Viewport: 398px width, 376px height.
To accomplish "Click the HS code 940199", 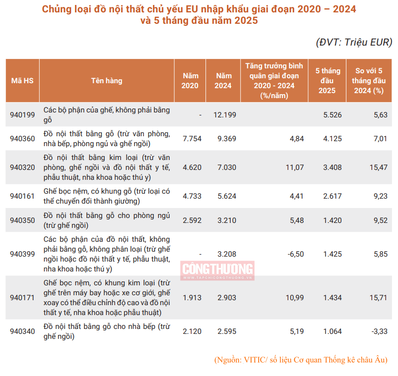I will click(23, 115).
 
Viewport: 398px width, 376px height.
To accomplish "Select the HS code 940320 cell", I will click(23, 167).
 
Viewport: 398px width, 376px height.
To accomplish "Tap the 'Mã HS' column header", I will click(22, 81).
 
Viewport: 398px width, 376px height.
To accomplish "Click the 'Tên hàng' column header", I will click(107, 81).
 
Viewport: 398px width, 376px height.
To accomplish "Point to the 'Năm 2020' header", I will click(190, 81).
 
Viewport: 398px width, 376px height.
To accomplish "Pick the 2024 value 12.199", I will click(224, 115).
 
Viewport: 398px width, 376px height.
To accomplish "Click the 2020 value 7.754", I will click(192, 139).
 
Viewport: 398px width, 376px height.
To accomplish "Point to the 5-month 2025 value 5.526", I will click(332, 115).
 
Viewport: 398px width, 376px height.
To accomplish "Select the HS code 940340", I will click(23, 331).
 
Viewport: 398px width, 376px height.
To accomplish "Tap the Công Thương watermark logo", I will click(218, 270).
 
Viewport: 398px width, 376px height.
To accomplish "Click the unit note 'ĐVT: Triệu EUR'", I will click(354, 42).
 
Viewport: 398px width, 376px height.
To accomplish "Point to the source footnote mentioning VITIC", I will click(301, 360).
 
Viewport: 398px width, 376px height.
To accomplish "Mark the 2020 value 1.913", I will click(192, 297).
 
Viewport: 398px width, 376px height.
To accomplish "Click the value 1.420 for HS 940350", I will click(332, 220).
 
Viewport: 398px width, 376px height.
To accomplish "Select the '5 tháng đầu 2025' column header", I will click(327, 81).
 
